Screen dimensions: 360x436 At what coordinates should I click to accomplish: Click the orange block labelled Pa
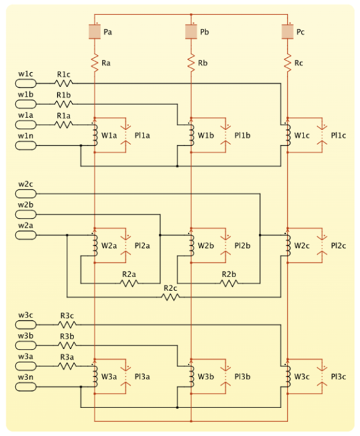95,32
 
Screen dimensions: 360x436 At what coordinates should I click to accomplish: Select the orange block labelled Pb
191,32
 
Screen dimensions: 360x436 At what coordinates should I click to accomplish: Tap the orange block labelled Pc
287,32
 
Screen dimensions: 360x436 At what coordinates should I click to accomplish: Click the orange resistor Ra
95,63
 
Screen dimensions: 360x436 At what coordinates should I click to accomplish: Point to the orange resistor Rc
287,63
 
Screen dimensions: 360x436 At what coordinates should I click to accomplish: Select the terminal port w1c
26,83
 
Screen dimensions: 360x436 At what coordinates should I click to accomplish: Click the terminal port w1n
26,145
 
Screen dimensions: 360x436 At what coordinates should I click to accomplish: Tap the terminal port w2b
26,215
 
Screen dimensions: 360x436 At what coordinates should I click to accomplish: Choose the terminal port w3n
26,386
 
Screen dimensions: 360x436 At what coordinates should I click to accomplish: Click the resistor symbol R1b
64,104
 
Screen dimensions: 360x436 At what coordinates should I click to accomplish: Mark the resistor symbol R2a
129,283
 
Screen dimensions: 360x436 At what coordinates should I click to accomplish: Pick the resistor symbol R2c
171,297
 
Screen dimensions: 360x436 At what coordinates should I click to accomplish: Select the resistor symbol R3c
67,324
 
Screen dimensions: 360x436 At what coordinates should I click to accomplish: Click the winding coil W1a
95,135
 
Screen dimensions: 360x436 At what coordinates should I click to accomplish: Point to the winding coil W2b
192,245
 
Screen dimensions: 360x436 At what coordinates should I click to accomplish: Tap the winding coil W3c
288,376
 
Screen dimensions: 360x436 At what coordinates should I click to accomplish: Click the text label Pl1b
242,136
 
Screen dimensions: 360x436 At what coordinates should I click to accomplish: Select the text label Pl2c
338,245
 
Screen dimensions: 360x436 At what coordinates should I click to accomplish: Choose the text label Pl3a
142,377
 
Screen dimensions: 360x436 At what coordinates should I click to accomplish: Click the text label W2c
302,245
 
